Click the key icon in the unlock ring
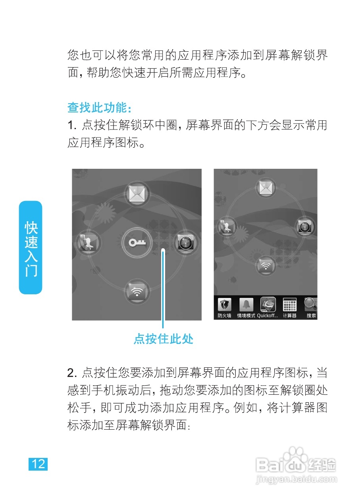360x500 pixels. coord(137,242)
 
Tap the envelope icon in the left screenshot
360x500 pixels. coord(137,194)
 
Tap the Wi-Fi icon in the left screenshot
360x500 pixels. coord(137,292)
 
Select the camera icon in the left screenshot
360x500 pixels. coord(186,243)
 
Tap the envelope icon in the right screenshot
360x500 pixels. coord(265,189)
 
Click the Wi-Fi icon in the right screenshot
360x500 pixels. coord(265,265)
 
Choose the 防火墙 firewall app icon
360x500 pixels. coord(225,305)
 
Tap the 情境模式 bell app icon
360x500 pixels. coord(246,305)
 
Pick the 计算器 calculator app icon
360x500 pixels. coord(290,305)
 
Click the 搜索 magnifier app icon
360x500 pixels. coord(310,305)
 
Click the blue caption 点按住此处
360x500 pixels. coord(163,339)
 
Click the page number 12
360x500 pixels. coord(38,464)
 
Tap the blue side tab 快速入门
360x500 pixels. coord(31,248)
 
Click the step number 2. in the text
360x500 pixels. coord(72,373)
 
